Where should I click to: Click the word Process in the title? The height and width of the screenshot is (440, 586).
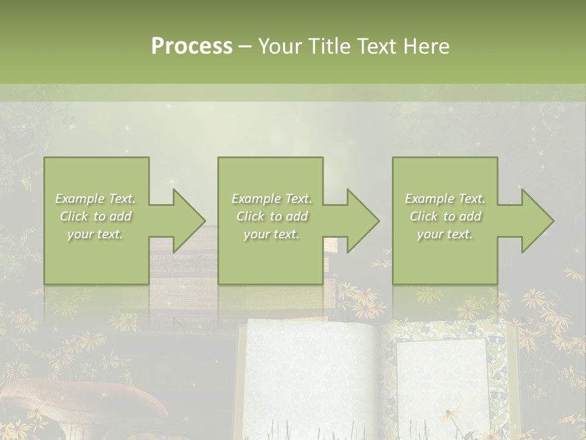tap(192, 46)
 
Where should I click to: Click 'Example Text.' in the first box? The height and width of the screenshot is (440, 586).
tap(96, 199)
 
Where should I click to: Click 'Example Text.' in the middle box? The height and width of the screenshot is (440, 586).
tap(272, 199)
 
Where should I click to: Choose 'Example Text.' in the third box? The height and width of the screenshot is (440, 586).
tap(445, 199)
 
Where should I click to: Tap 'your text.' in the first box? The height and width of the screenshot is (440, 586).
tap(95, 234)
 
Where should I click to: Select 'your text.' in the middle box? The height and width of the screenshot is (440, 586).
tap(272, 234)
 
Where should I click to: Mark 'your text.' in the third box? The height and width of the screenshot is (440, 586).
tap(445, 234)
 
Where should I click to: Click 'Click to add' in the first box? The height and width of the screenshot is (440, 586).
tap(96, 216)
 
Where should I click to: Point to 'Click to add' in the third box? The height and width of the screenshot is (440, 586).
tap(445, 216)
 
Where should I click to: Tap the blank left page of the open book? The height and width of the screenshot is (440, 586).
tap(305, 379)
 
